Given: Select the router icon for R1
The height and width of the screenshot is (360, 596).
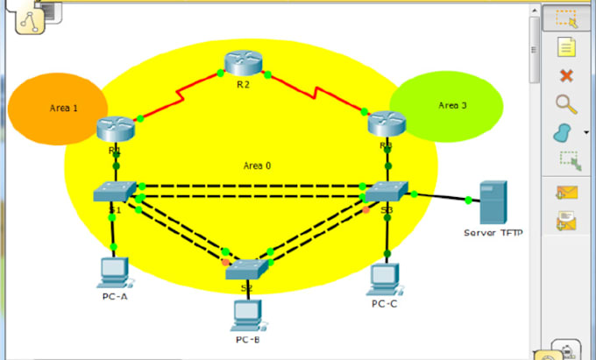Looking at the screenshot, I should [115, 129].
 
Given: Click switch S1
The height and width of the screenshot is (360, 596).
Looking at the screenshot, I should [114, 192].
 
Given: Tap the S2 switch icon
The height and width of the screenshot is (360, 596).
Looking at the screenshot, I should [246, 268].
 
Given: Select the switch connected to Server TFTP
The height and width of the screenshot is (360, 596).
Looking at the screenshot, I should [386, 193].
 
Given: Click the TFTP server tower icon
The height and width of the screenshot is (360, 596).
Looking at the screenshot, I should [492, 202].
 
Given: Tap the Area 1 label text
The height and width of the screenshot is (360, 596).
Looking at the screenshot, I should [63, 109].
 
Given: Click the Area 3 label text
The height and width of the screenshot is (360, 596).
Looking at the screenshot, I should [452, 105].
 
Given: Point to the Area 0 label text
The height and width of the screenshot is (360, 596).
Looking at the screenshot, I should [258, 165].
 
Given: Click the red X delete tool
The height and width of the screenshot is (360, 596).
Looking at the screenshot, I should [566, 75].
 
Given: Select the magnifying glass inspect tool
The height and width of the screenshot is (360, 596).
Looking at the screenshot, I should [566, 104].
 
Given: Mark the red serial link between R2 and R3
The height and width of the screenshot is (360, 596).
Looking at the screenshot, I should [316, 94].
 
